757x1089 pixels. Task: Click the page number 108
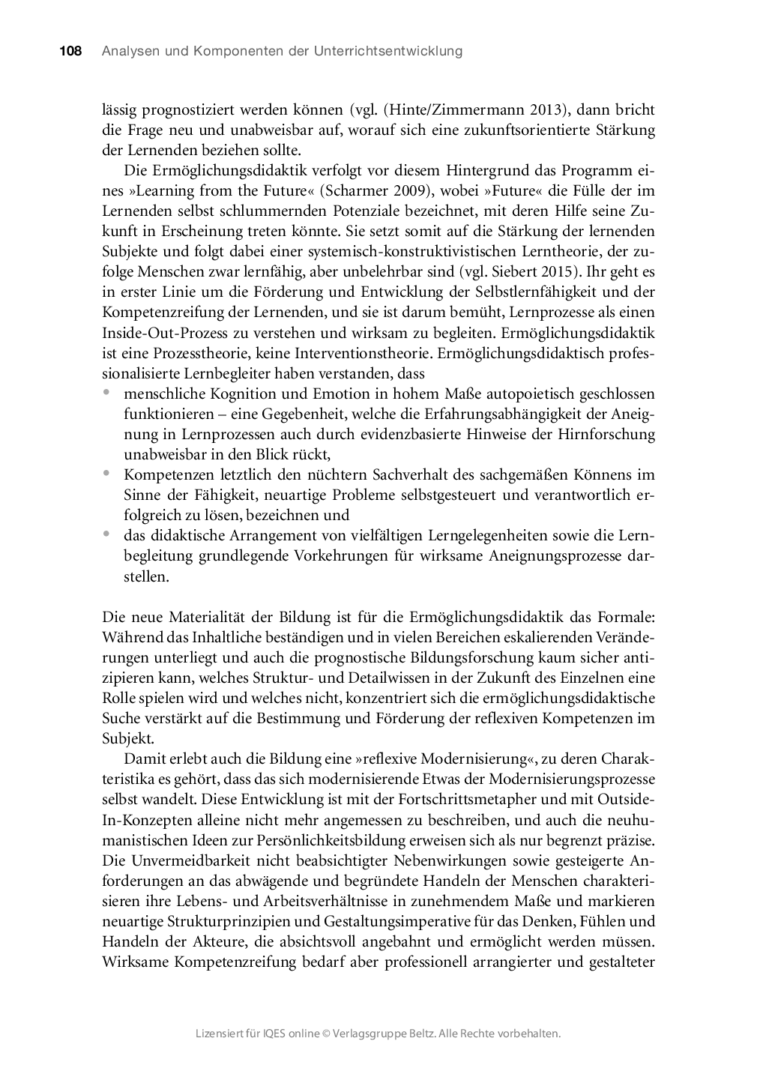(x=70, y=51)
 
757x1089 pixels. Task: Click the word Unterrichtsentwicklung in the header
(x=390, y=51)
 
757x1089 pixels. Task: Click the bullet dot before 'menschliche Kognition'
(x=107, y=392)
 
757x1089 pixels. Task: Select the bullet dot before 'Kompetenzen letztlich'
(x=107, y=473)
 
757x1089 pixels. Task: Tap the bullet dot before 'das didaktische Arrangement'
(x=107, y=534)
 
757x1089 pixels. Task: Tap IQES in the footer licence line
(x=274, y=1034)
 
